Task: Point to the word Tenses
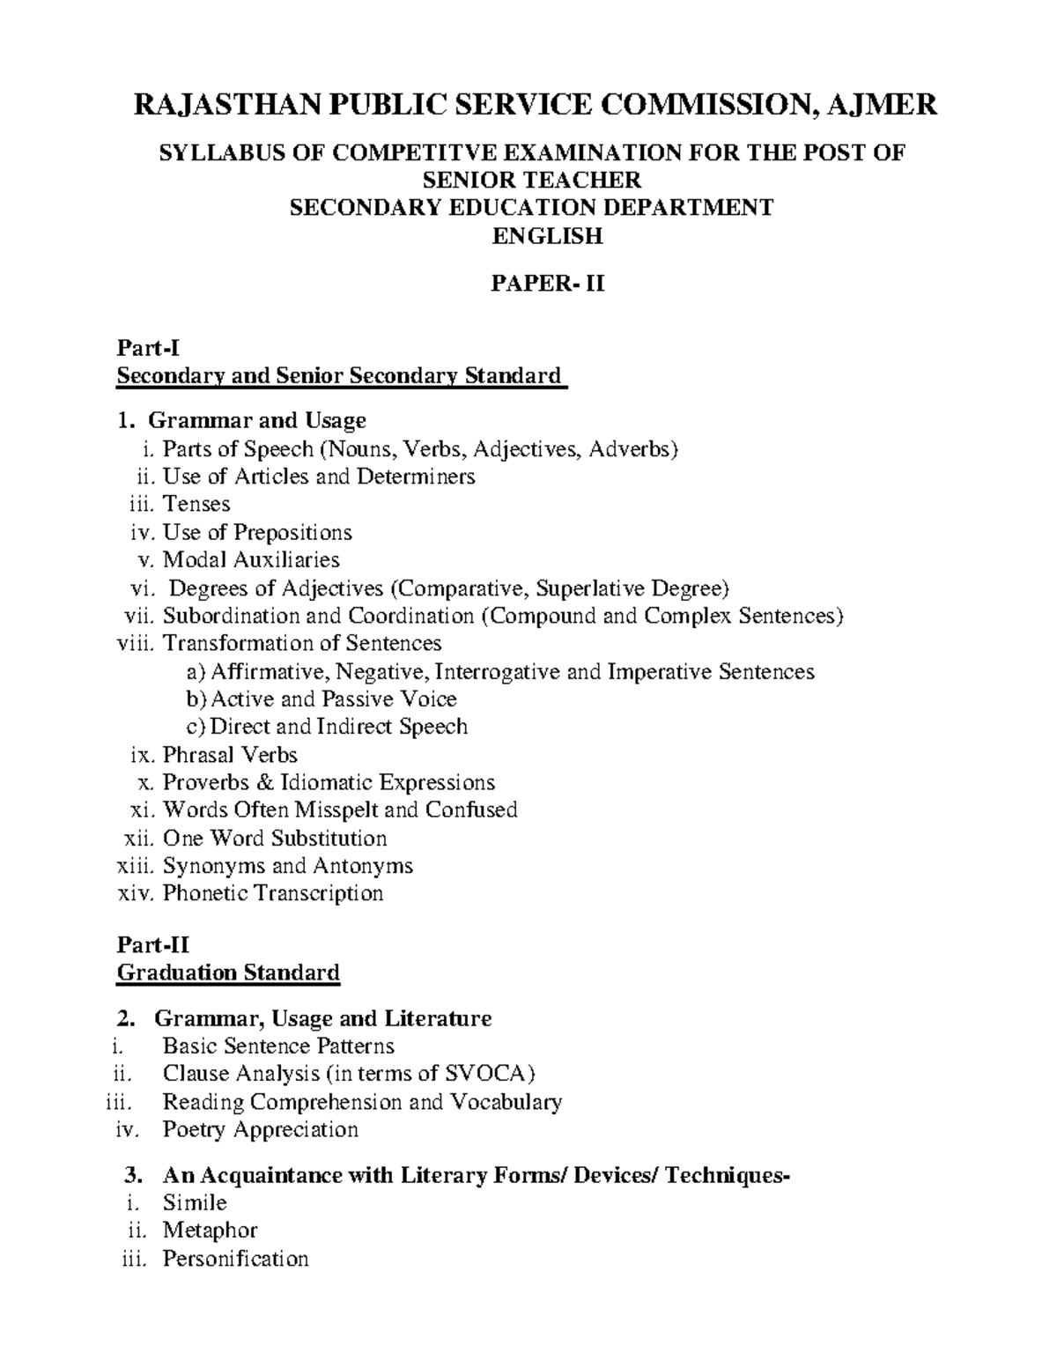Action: pos(196,505)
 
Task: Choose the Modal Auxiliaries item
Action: pos(251,560)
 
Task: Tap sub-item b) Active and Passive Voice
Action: pos(322,699)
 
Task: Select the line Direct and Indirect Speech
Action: pos(328,727)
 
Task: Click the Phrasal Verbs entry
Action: pos(230,755)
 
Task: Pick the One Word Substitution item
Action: pos(275,838)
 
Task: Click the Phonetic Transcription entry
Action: pos(273,893)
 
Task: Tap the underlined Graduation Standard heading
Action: pos(228,973)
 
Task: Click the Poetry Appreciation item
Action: pos(260,1129)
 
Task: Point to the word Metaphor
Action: pos(210,1231)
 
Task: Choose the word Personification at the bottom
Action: pos(235,1259)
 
